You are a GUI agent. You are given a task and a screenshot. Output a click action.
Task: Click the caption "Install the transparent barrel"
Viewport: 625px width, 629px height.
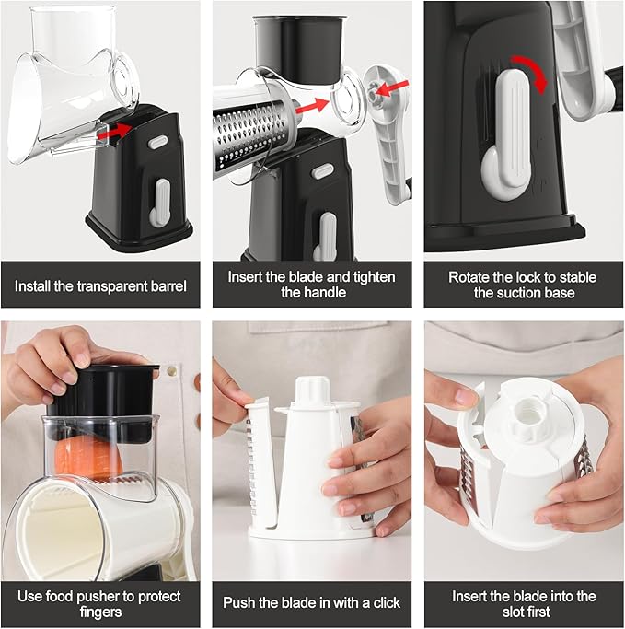tap(100, 285)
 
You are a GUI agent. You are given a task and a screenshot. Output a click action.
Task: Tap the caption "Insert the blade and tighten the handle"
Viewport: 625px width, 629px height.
tap(312, 284)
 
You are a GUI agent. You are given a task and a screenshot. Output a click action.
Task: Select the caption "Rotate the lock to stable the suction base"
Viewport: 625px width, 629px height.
tap(523, 284)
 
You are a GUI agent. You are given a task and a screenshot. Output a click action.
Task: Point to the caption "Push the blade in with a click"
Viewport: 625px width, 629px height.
tap(312, 602)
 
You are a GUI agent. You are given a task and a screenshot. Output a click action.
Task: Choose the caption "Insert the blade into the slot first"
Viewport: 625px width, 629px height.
tap(523, 602)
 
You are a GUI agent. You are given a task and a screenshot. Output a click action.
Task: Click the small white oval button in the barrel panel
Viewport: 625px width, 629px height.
tap(157, 143)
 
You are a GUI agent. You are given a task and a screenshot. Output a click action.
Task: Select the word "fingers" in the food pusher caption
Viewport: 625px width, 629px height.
tap(100, 611)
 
